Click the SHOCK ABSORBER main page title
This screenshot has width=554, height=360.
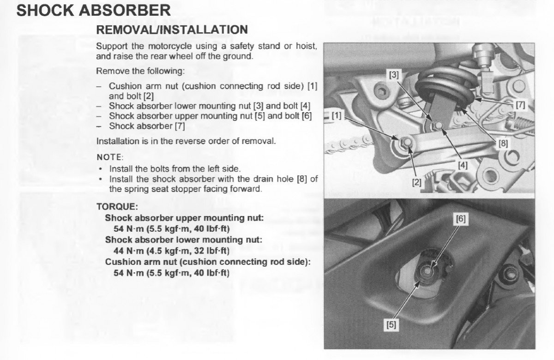tap(93, 10)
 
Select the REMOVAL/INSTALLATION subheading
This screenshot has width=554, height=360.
tap(172, 30)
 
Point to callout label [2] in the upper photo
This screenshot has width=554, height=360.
tap(417, 182)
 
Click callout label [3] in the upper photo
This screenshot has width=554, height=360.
tap(394, 75)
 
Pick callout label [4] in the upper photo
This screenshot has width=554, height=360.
tap(462, 164)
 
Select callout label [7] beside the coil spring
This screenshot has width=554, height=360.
tap(520, 105)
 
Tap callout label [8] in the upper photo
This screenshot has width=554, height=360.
tap(503, 143)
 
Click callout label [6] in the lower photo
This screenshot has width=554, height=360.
tap(460, 220)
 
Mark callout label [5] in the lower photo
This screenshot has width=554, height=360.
tap(391, 325)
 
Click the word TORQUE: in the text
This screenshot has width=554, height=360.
tap(117, 206)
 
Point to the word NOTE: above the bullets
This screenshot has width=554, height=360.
tap(109, 157)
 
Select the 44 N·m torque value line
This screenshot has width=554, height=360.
tap(171, 251)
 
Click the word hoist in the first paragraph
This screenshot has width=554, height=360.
tap(306, 47)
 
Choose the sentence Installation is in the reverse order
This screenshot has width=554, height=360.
tap(186, 141)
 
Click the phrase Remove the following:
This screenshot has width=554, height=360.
tap(140, 72)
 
